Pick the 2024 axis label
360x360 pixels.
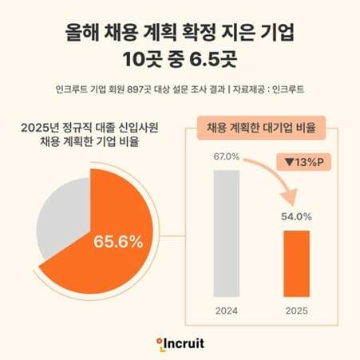pos(226,310)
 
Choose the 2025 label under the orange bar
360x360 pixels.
pos(295,310)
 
